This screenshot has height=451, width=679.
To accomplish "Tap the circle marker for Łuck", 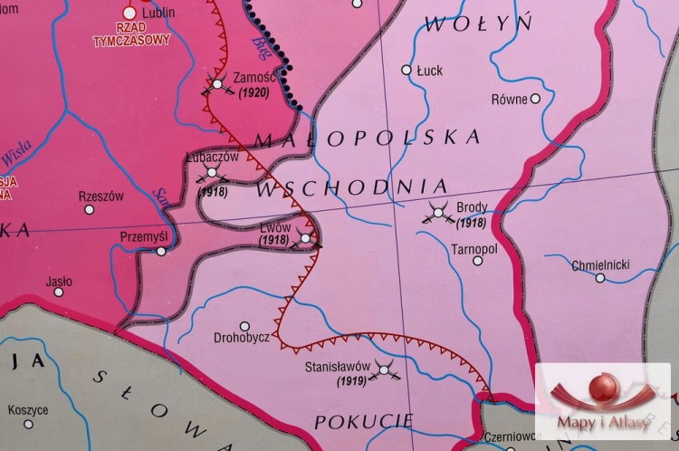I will pos(407,69).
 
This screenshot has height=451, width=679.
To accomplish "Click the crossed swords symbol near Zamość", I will pos(217,86).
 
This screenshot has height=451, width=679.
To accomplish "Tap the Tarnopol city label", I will pos(474,246).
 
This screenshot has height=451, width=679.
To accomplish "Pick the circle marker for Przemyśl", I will pos(161,251).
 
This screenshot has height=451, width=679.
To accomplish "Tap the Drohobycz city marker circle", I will pos(244,326).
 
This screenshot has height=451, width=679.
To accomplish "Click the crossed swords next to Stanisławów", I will pos(386,369).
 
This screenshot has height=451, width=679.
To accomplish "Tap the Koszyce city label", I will pos(28,410).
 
